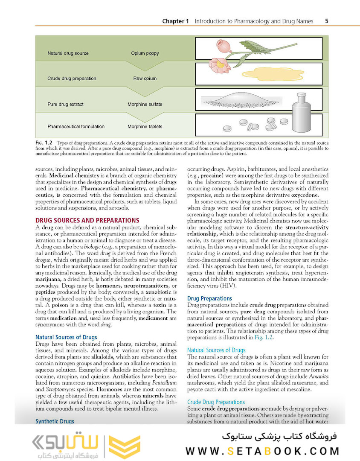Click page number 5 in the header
(x=326, y=20)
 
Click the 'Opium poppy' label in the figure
(x=145, y=53)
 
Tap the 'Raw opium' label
(x=145, y=79)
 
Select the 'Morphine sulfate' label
(x=145, y=104)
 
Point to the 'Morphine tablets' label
(x=145, y=126)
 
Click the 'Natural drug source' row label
(x=68, y=53)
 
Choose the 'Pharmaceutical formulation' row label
(x=76, y=126)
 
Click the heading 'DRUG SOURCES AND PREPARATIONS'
(x=87, y=220)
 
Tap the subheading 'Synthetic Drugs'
(x=55, y=421)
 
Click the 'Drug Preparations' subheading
(x=210, y=298)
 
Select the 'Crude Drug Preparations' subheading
(x=216, y=402)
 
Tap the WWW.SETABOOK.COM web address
(x=263, y=451)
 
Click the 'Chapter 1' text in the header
(x=175, y=21)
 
